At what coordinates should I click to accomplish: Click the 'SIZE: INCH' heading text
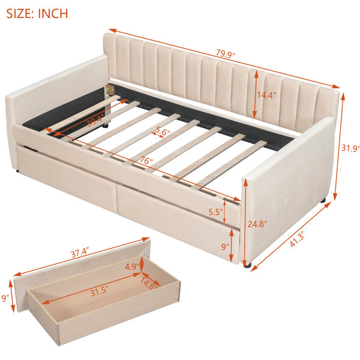37,14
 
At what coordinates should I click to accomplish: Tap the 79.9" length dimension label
226,55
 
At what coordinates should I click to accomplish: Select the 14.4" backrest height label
266,95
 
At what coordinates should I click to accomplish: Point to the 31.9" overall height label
350,148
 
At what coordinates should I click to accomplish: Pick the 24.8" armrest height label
257,224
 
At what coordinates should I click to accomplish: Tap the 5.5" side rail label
216,212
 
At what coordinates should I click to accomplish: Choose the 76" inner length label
146,160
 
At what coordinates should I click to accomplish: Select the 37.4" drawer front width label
80,253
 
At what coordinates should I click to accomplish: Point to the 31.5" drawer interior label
99,292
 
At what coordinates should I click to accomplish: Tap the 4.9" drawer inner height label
132,267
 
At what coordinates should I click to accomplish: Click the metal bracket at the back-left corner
110,89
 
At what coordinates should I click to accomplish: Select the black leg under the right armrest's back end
323,200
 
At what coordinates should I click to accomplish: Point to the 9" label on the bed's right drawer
226,247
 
